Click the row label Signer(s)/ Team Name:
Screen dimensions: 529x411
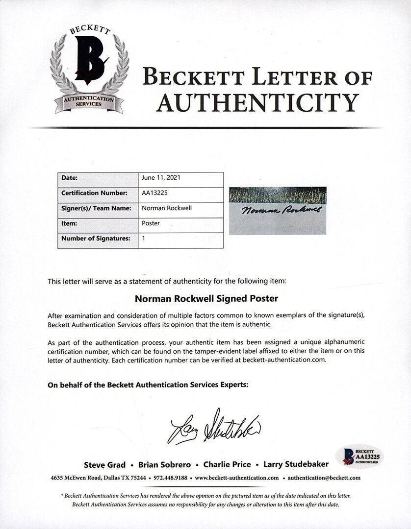point(96,208)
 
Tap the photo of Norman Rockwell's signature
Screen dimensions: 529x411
point(278,210)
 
